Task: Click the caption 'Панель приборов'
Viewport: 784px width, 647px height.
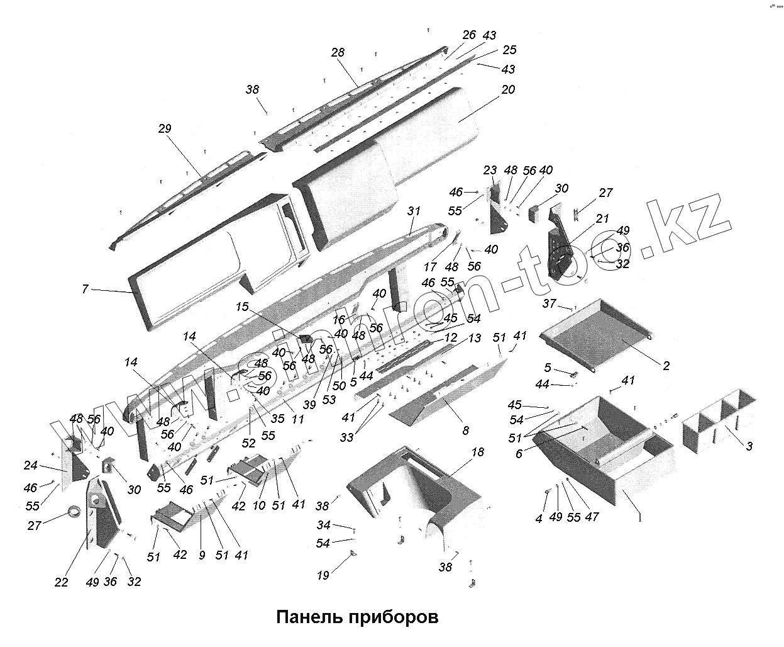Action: (x=357, y=616)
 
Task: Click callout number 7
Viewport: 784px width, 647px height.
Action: (x=86, y=289)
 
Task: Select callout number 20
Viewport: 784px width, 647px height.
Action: (x=508, y=89)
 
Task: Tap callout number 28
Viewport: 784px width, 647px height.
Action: (x=338, y=52)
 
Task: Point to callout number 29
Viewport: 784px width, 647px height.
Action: (x=165, y=128)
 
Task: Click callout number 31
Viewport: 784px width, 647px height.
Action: (x=413, y=211)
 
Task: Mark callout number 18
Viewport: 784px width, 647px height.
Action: (x=477, y=452)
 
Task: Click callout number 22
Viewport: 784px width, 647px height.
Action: (x=61, y=582)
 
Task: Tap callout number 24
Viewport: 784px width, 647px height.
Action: (x=31, y=466)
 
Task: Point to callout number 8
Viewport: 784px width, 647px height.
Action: (x=465, y=431)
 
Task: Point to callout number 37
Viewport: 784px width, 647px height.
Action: (x=549, y=304)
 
